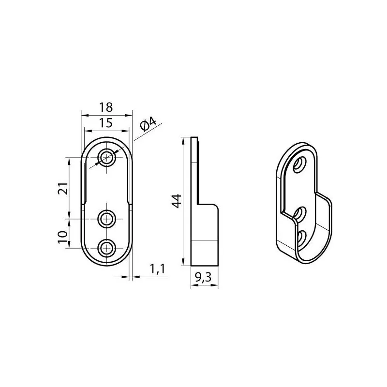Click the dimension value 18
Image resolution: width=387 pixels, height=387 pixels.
pos(106,107)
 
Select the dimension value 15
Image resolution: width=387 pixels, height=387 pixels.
pos(106,123)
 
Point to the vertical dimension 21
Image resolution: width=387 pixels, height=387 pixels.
pos(63,189)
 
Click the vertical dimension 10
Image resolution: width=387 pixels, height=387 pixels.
pos(63,237)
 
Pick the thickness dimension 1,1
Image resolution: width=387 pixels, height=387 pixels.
pos(158,269)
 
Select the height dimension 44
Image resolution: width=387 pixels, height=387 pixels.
pos(177,201)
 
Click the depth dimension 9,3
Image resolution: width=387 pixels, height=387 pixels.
pos(203,278)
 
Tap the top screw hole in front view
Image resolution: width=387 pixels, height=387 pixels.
pos(106,157)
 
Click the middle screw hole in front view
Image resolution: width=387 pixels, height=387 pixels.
pos(106,219)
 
